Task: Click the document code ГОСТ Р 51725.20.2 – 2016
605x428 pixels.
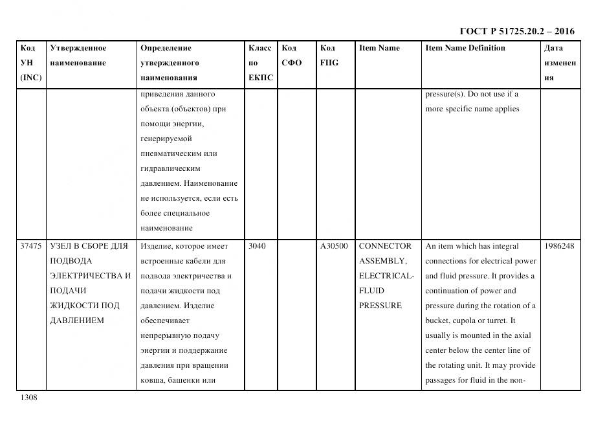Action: (x=517, y=31)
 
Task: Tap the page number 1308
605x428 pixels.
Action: (x=29, y=398)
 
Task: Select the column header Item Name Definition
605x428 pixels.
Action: (x=465, y=48)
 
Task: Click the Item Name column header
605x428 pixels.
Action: (x=379, y=48)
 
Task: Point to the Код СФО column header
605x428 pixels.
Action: (x=291, y=55)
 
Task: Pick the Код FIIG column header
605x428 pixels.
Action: (x=329, y=55)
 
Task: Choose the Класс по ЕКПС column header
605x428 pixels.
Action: (x=261, y=63)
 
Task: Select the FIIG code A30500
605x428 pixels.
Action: (x=334, y=246)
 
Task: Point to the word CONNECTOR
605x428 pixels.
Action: (x=385, y=246)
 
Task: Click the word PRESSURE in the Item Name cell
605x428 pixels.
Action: (x=380, y=306)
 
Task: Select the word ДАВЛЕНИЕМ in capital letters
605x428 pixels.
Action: (x=76, y=321)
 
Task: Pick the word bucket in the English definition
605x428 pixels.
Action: (x=437, y=321)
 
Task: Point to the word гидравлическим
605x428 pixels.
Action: (x=170, y=168)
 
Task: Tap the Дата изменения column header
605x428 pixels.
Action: (x=560, y=63)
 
